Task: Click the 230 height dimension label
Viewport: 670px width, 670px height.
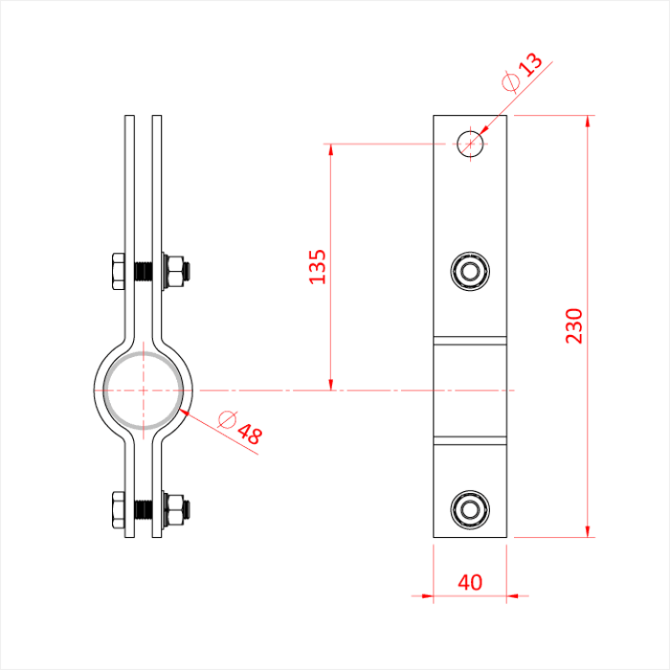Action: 573,326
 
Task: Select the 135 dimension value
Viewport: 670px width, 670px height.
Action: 318,267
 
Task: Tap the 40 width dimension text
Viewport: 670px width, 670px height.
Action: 469,582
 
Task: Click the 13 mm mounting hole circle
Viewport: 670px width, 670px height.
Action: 470,143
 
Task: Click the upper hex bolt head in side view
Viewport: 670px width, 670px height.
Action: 118,272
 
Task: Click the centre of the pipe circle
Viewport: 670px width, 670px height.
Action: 144,391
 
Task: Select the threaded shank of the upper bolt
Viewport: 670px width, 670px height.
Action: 144,272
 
